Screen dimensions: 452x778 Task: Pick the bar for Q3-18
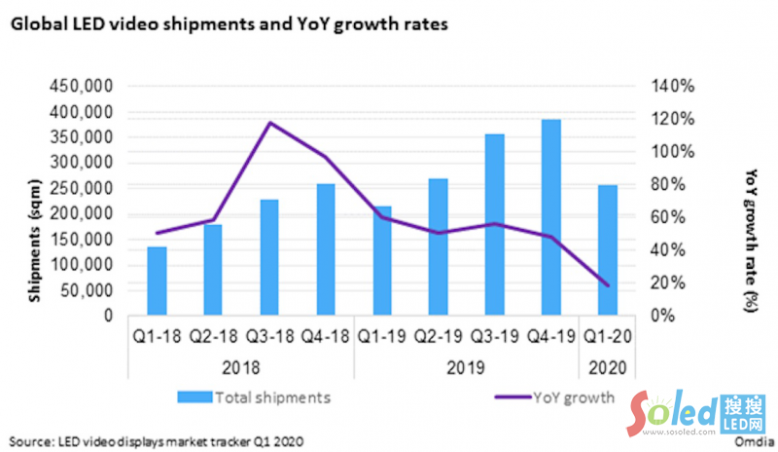point(269,257)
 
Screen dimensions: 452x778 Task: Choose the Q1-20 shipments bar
point(608,250)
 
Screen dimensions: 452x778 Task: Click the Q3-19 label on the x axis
point(494,338)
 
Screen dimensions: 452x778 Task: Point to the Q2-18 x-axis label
point(213,338)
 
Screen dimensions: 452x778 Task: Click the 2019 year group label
point(467,367)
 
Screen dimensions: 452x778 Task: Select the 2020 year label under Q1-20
point(608,367)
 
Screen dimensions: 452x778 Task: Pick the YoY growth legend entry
point(560,396)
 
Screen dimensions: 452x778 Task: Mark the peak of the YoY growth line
point(269,123)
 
